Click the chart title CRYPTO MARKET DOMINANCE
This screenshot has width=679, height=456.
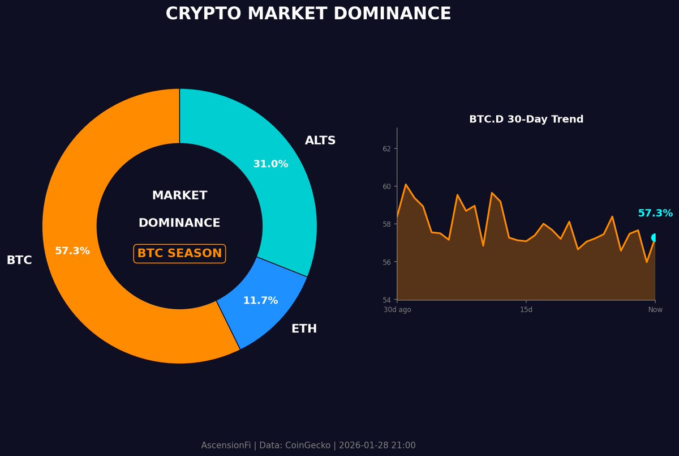coord(308,14)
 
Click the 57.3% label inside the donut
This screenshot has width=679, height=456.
coord(72,251)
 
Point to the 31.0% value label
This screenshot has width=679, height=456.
coord(270,164)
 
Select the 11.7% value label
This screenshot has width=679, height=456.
coord(260,301)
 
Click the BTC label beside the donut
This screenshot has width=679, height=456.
coord(19,261)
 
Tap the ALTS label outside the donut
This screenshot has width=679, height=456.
coord(320,140)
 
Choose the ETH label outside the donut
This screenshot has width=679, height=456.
coord(304,329)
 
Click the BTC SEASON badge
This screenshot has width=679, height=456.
coord(179,253)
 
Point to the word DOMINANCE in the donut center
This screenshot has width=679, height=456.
coord(179,223)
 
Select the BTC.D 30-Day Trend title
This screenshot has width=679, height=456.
coord(526,120)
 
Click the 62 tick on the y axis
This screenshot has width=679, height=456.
coord(386,148)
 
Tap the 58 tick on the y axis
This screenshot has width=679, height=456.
coord(386,224)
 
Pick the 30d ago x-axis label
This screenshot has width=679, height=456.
coord(397,310)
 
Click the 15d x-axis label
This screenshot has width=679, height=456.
coord(526,310)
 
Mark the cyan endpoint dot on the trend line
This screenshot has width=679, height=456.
coord(655,238)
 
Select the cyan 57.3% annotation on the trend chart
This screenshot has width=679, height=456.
coord(655,214)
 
